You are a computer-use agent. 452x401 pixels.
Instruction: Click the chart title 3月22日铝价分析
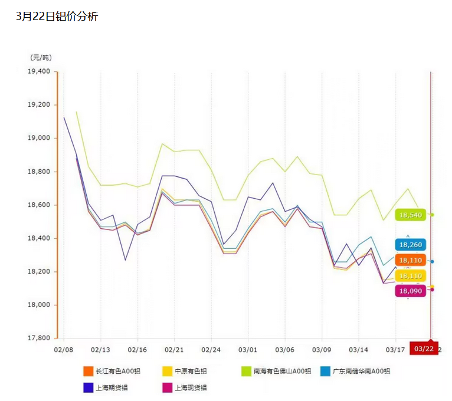[57, 17]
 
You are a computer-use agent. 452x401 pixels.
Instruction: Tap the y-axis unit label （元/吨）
[41, 57]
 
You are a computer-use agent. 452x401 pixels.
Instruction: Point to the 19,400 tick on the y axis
[40, 71]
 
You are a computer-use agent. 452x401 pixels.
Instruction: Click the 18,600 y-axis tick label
[40, 205]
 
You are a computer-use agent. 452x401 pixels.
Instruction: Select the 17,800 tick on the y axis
[40, 338]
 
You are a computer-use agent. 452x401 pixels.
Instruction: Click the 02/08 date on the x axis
[63, 350]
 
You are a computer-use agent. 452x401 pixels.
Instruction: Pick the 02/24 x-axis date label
[211, 350]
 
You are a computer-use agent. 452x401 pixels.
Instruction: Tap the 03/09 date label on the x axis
[322, 350]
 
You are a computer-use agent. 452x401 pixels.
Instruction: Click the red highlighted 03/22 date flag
[424, 349]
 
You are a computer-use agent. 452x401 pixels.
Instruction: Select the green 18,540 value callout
[411, 215]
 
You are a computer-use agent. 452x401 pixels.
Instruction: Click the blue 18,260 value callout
[411, 245]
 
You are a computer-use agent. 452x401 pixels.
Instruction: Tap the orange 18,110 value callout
[411, 260]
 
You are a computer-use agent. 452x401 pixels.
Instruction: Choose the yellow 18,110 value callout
[411, 276]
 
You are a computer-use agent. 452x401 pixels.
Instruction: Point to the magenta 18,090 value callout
[411, 291]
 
